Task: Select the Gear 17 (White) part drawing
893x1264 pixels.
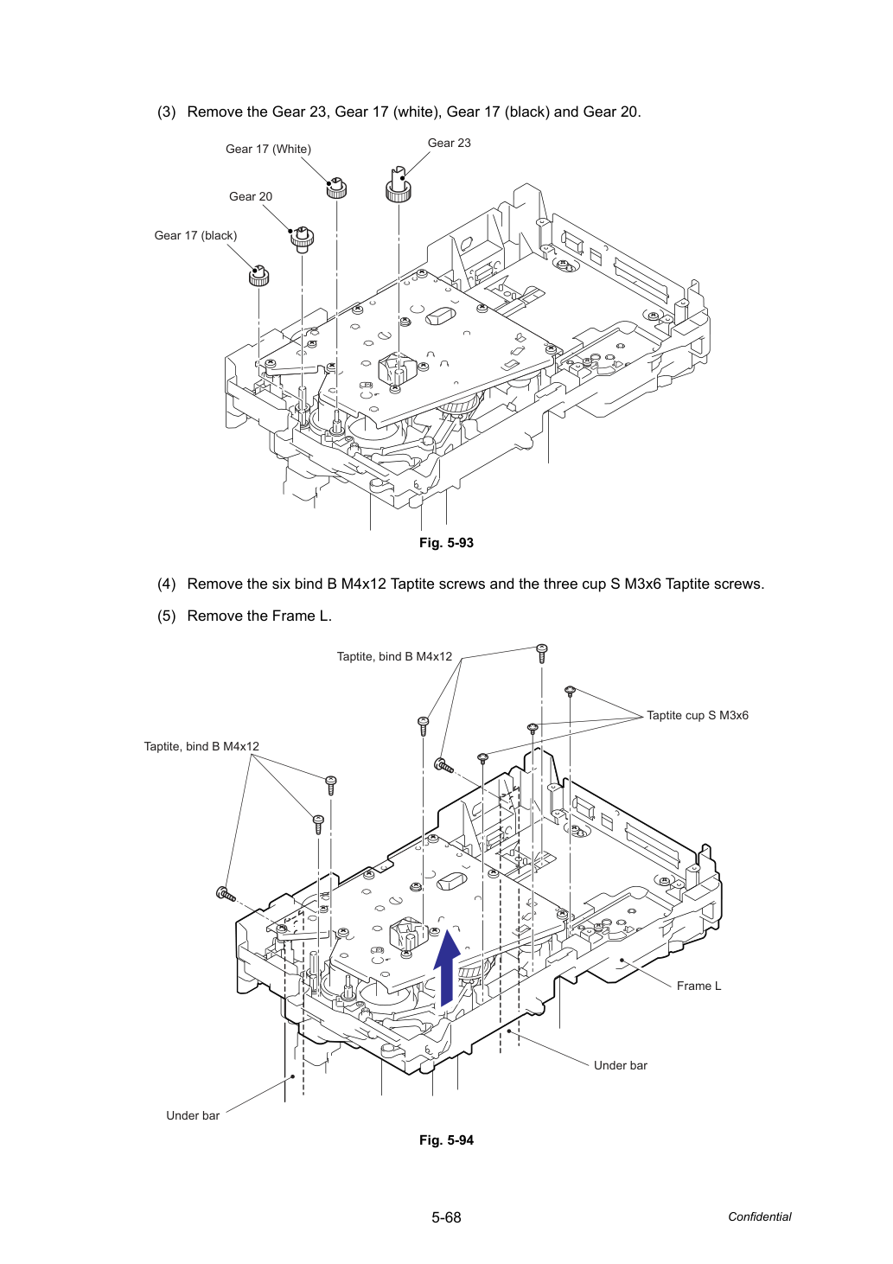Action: [x=336, y=188]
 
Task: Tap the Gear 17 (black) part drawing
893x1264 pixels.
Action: [x=259, y=275]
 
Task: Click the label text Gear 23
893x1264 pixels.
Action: [x=449, y=143]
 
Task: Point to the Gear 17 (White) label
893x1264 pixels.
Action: [x=269, y=149]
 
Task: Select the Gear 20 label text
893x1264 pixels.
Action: [x=251, y=196]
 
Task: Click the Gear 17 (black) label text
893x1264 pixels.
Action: [x=195, y=235]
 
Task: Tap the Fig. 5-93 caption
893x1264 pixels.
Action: [x=446, y=543]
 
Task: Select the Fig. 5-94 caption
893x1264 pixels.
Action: [x=446, y=1140]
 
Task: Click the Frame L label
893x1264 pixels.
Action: [x=699, y=986]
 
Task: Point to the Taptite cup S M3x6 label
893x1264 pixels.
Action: [x=698, y=716]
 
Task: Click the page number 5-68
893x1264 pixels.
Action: [x=446, y=1217]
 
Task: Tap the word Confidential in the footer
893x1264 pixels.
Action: [x=759, y=1217]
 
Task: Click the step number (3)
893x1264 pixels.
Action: [x=167, y=112]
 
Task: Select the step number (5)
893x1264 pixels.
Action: [x=167, y=616]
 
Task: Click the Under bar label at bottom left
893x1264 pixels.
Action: [x=193, y=1115]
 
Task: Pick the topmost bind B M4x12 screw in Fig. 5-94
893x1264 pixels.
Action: [x=541, y=653]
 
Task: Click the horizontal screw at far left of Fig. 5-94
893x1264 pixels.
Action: [x=226, y=894]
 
